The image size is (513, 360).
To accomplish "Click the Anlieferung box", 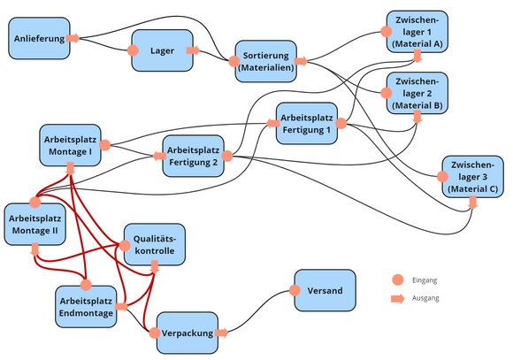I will coord(40,39).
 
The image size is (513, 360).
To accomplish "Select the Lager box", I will coord(162,51).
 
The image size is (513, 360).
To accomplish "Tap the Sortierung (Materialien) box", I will coord(264,62).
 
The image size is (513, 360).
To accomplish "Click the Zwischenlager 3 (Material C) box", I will coord(474,177).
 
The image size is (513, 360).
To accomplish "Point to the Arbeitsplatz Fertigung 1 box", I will coord(307,124).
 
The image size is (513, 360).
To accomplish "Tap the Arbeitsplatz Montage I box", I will coord(70,144).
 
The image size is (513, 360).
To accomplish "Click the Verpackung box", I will coord(188,333).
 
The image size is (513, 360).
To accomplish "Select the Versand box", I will coord(324,291).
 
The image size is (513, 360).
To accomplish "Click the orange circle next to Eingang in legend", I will coord(396,280).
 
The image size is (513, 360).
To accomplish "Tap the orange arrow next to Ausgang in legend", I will coord(396,299).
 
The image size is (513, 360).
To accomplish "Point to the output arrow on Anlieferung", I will coord(73,38).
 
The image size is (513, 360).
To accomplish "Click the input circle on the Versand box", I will coord(294,291).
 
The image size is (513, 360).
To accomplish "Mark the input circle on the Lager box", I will coord(134,51).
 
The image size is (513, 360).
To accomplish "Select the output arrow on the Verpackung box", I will coord(221,333).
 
